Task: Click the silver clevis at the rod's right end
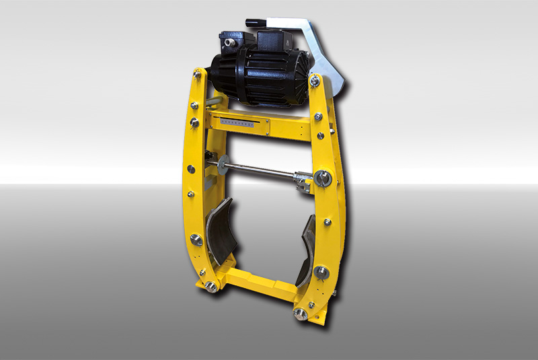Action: pyautogui.click(x=301, y=178)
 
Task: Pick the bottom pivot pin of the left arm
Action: pyautogui.click(x=210, y=287)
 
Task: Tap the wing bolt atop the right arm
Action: pyautogui.click(x=314, y=81)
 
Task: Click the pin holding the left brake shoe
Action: pyautogui.click(x=197, y=238)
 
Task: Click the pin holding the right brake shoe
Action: pyautogui.click(x=321, y=273)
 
